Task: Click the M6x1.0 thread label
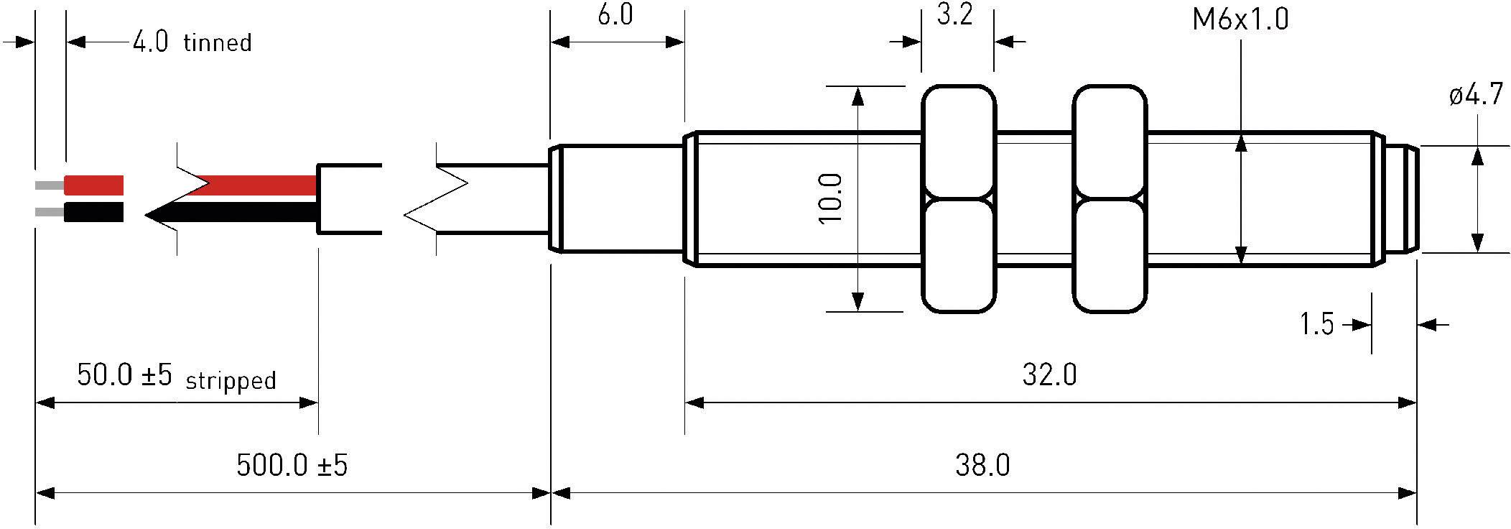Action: pos(1240,19)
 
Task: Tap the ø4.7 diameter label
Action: pos(1476,95)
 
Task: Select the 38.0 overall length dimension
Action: pos(982,466)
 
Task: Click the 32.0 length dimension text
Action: pos(1049,375)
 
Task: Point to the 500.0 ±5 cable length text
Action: pos(292,466)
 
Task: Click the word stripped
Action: pos(231,380)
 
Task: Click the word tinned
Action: pos(217,43)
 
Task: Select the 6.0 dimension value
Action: pos(615,16)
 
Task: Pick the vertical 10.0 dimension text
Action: pos(830,198)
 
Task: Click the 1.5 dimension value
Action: pos(1316,325)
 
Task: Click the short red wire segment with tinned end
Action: pos(93,185)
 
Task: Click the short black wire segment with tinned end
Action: pos(93,212)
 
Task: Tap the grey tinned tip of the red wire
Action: pos(49,185)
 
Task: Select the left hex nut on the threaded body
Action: pos(958,198)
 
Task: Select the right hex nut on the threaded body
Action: pos(1109,198)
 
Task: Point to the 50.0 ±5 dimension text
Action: pos(124,375)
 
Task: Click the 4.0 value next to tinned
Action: pos(150,43)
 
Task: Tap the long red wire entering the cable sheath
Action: pos(259,185)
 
